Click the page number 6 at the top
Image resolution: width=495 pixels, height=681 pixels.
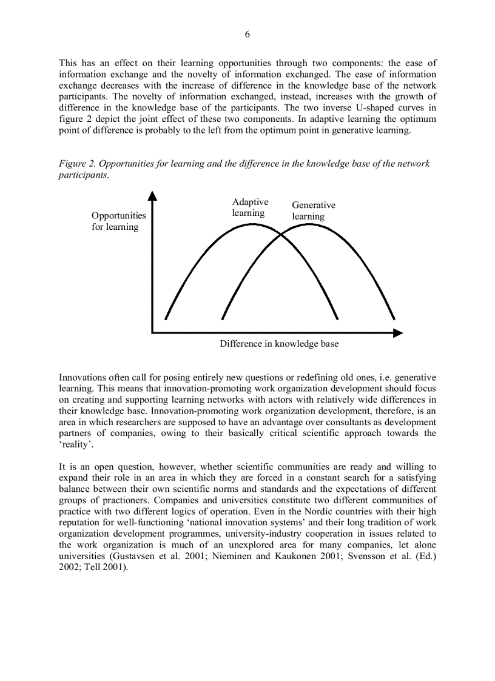pyautogui.click(x=247, y=35)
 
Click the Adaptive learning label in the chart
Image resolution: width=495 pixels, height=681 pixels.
pyautogui.click(x=249, y=207)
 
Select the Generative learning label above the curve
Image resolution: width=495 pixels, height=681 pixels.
pyautogui.click(x=313, y=211)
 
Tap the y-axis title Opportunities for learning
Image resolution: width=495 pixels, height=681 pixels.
pyautogui.click(x=118, y=221)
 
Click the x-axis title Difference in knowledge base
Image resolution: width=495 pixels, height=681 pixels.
pyautogui.click(x=279, y=344)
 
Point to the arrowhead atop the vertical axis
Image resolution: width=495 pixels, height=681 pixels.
pyautogui.click(x=152, y=195)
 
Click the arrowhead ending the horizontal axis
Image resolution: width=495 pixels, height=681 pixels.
pyautogui.click(x=398, y=333)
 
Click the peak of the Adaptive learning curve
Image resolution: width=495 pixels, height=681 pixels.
pyautogui.click(x=252, y=224)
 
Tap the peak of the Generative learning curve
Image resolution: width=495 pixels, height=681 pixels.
pyautogui.click(x=309, y=224)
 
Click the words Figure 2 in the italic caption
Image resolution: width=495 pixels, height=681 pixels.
pyautogui.click(x=77, y=164)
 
